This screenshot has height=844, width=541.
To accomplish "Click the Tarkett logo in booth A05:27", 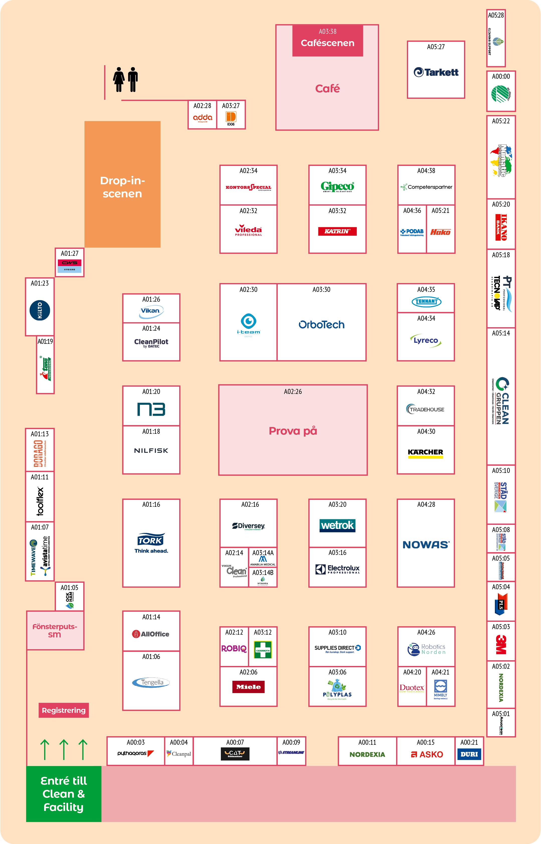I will click(x=436, y=72).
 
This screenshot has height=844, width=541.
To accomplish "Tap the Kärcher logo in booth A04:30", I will click(x=425, y=453).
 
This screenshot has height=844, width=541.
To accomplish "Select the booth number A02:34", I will click(x=248, y=171).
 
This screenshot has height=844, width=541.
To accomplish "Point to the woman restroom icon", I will click(x=119, y=80).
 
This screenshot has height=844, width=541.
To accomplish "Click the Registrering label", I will click(x=64, y=710).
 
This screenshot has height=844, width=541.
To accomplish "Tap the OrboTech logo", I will click(x=321, y=325).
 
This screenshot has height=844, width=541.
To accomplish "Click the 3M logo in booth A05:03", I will click(x=501, y=644).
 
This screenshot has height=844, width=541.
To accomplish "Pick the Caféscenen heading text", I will click(x=327, y=43).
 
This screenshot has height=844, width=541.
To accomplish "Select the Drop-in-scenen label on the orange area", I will click(x=122, y=187).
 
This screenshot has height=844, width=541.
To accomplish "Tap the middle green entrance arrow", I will click(x=64, y=749).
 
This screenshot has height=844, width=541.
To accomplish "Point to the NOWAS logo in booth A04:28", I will click(x=425, y=545).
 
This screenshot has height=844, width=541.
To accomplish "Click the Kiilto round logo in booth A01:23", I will click(x=40, y=310).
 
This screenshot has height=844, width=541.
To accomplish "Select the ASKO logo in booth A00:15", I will click(x=427, y=754).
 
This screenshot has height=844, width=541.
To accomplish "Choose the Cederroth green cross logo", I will click(x=263, y=650).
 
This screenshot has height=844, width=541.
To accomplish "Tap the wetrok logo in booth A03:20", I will click(x=337, y=525).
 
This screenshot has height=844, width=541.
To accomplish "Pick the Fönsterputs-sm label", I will click(x=55, y=630).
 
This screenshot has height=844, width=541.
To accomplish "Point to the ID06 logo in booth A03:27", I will click(x=231, y=118).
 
